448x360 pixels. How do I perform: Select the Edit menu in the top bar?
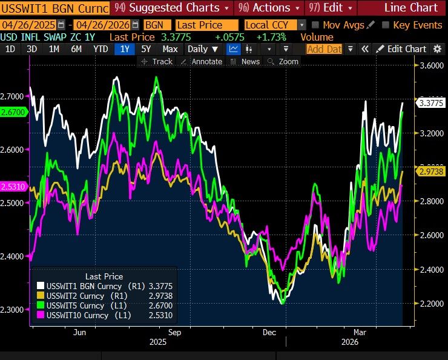click(330, 8)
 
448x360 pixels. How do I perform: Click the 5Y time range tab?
click(146, 48)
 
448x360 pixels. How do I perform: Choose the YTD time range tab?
click(100, 48)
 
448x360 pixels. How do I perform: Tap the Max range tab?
click(170, 48)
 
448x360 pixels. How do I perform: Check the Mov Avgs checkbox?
click(315, 25)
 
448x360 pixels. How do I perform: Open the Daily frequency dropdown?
click(202, 48)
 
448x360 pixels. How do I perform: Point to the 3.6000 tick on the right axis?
click(431, 65)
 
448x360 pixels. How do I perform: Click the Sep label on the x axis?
click(174, 332)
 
